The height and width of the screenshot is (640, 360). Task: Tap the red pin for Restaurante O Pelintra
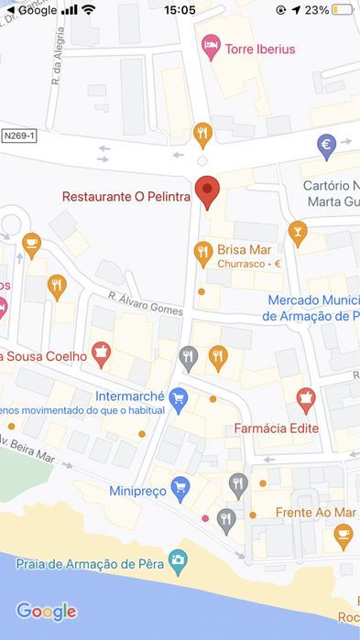[x=208, y=190]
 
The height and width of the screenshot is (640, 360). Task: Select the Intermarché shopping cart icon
[x=178, y=397]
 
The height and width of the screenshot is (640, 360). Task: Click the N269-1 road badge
[x=19, y=135]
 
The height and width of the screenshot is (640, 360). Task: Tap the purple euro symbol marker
[x=326, y=144]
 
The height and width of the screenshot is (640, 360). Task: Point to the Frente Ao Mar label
[x=316, y=512]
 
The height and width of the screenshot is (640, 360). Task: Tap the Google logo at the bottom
[x=46, y=611]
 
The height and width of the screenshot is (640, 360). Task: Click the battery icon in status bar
[x=343, y=10]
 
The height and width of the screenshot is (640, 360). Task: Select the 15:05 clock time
[x=180, y=10]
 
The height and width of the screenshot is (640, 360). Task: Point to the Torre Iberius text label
[x=261, y=49]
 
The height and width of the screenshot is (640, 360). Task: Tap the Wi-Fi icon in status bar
[x=88, y=10]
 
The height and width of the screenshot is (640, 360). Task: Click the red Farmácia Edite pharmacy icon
[x=305, y=398]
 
